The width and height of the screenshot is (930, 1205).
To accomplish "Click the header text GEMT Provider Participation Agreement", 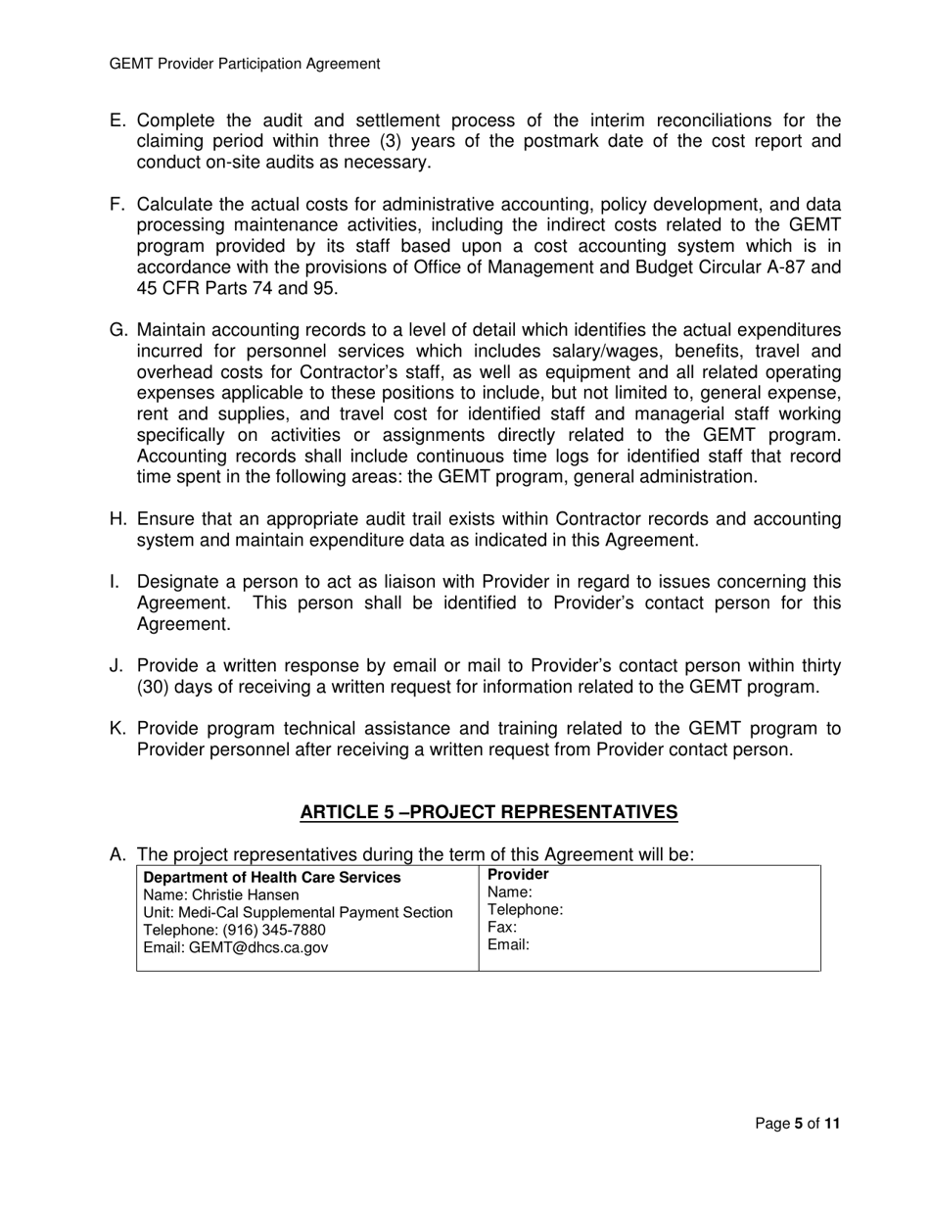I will (244, 64).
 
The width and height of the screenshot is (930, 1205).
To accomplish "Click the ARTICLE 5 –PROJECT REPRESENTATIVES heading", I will (488, 812).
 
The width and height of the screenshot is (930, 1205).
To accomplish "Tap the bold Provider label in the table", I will (518, 875).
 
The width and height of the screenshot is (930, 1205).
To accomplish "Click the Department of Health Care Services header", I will (272, 877).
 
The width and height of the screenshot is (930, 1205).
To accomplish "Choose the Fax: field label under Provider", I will (501, 928).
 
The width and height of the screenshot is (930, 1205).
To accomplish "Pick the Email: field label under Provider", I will (507, 945).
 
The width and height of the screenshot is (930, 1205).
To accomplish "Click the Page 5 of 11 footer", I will (797, 1124).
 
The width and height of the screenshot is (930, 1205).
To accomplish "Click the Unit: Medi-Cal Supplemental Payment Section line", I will (299, 912).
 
